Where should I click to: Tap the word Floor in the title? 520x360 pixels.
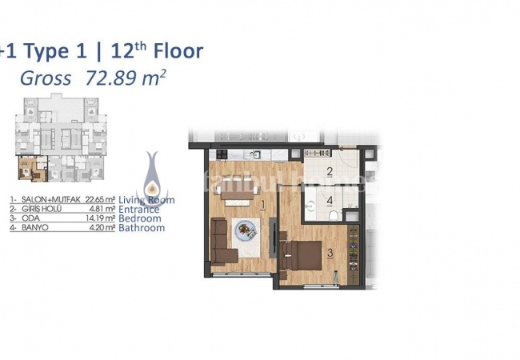(170, 51)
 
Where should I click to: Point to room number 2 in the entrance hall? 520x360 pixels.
(329, 171)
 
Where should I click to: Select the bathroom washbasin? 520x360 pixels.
(351, 210)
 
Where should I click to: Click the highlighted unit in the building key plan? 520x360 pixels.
(26, 170)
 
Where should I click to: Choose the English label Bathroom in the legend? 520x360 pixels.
(142, 228)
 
